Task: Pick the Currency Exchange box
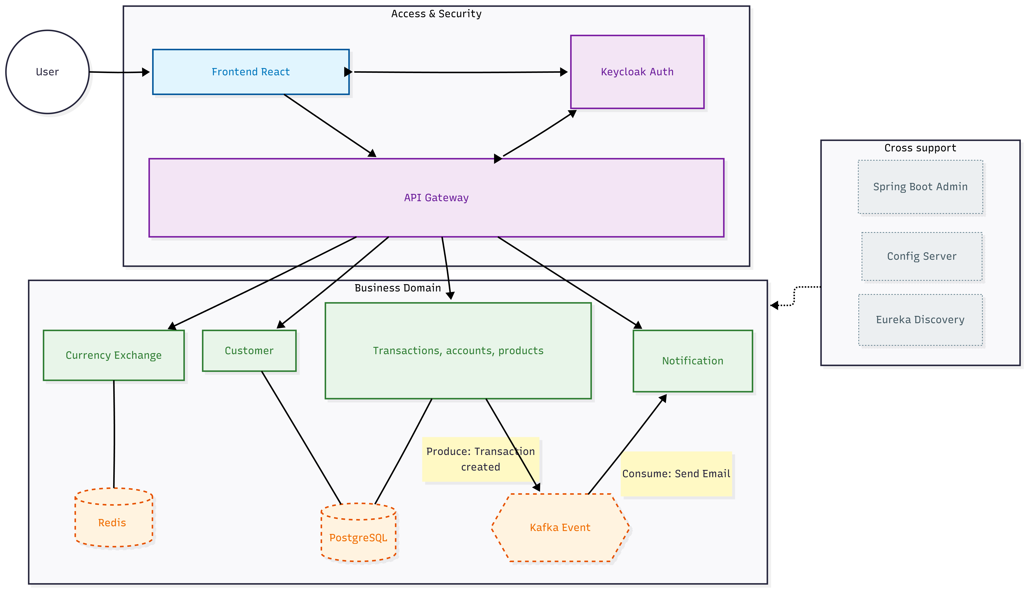click(x=114, y=355)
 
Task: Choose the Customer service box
click(x=249, y=350)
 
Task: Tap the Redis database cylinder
click(x=114, y=518)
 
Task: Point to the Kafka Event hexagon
click(x=560, y=528)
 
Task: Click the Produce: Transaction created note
click(x=481, y=459)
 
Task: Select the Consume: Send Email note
click(x=676, y=474)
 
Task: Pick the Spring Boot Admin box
click(x=920, y=187)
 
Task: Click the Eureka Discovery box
click(x=920, y=320)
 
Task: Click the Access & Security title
click(x=436, y=14)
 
